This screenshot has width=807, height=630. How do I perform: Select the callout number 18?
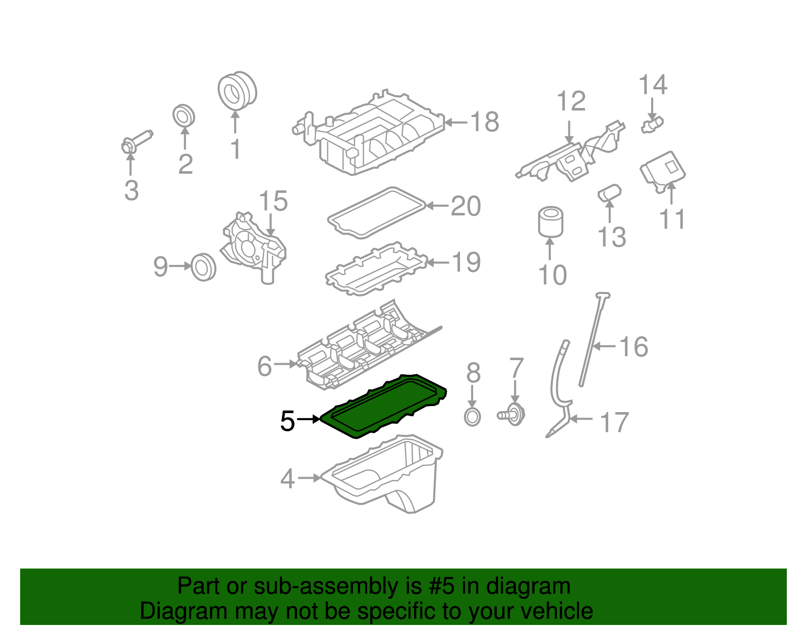(484, 122)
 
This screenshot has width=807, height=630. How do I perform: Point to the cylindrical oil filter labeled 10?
(550, 222)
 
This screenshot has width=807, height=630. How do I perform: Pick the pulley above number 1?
(237, 91)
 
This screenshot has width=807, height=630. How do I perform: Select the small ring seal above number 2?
(184, 116)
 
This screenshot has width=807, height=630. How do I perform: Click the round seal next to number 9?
(204, 267)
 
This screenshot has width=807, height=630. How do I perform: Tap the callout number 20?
(465, 206)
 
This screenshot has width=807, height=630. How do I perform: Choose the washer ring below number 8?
(472, 417)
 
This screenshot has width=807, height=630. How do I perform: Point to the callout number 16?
(633, 347)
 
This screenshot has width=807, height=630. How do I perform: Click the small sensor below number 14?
(652, 124)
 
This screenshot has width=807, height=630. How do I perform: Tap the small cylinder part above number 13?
(609, 193)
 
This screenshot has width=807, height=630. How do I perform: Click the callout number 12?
(571, 102)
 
